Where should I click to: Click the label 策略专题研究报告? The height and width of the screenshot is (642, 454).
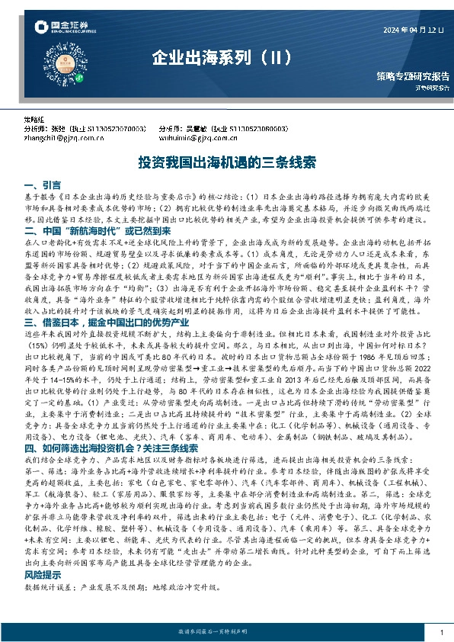click(x=412, y=76)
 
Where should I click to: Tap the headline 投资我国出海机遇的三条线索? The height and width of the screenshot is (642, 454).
click(x=227, y=163)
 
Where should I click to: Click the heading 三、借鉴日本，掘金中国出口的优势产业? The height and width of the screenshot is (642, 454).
click(x=111, y=323)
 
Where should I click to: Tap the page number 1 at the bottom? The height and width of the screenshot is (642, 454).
click(x=441, y=634)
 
